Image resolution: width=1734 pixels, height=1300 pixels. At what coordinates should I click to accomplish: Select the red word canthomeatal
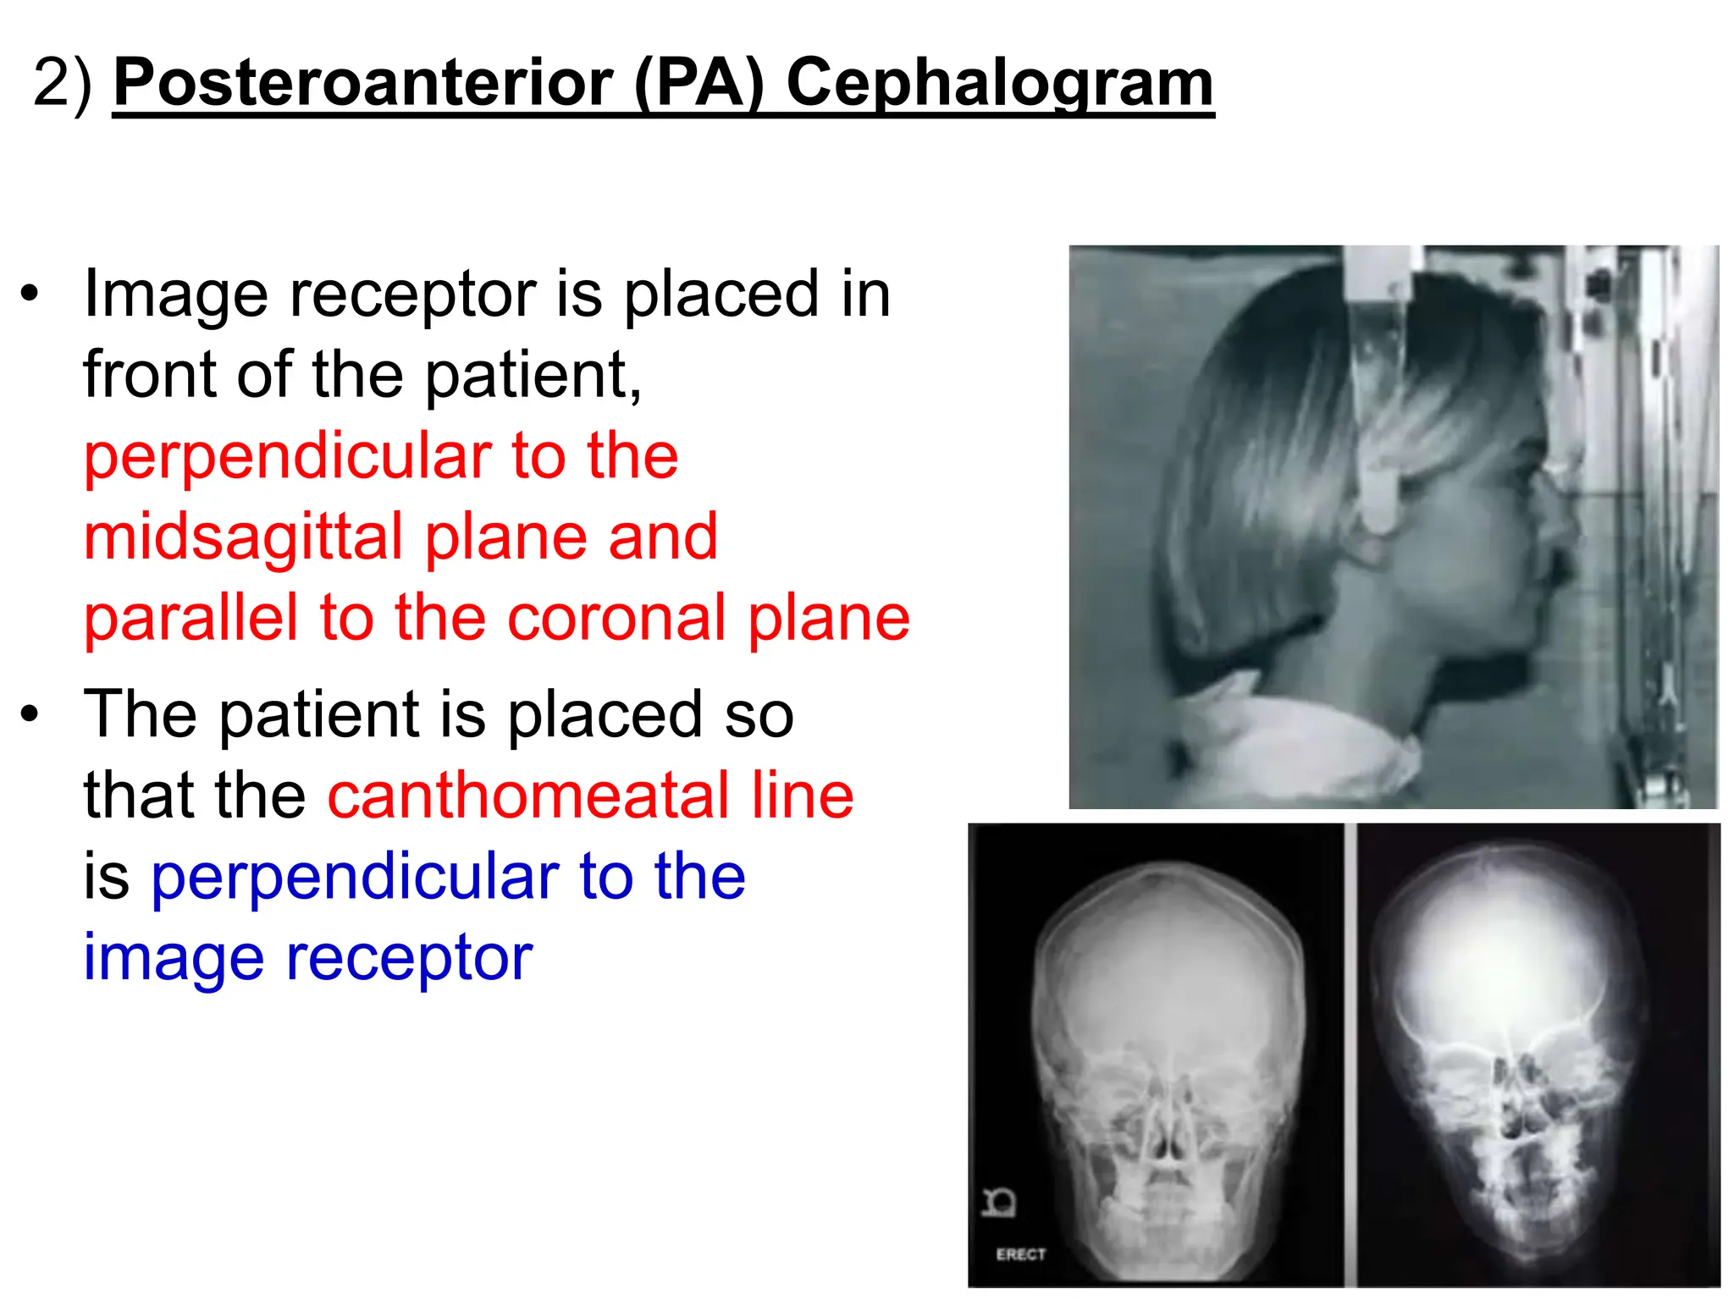(x=527, y=796)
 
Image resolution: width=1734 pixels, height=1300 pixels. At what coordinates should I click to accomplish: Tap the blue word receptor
(x=410, y=958)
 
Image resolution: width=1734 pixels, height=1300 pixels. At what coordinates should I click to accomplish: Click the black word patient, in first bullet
(x=533, y=374)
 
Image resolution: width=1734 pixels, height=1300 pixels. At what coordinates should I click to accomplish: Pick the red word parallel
(x=191, y=618)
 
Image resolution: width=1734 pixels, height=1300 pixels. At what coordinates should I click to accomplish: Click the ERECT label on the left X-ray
(x=1020, y=1254)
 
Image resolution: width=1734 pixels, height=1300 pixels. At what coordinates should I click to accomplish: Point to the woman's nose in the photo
(x=1563, y=525)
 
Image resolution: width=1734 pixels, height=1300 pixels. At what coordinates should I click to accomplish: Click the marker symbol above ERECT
(x=999, y=1202)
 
